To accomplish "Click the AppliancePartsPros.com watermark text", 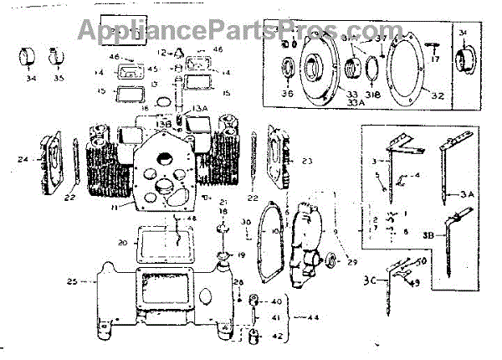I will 248,33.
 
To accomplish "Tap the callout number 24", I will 23,158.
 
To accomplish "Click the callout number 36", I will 290,94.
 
